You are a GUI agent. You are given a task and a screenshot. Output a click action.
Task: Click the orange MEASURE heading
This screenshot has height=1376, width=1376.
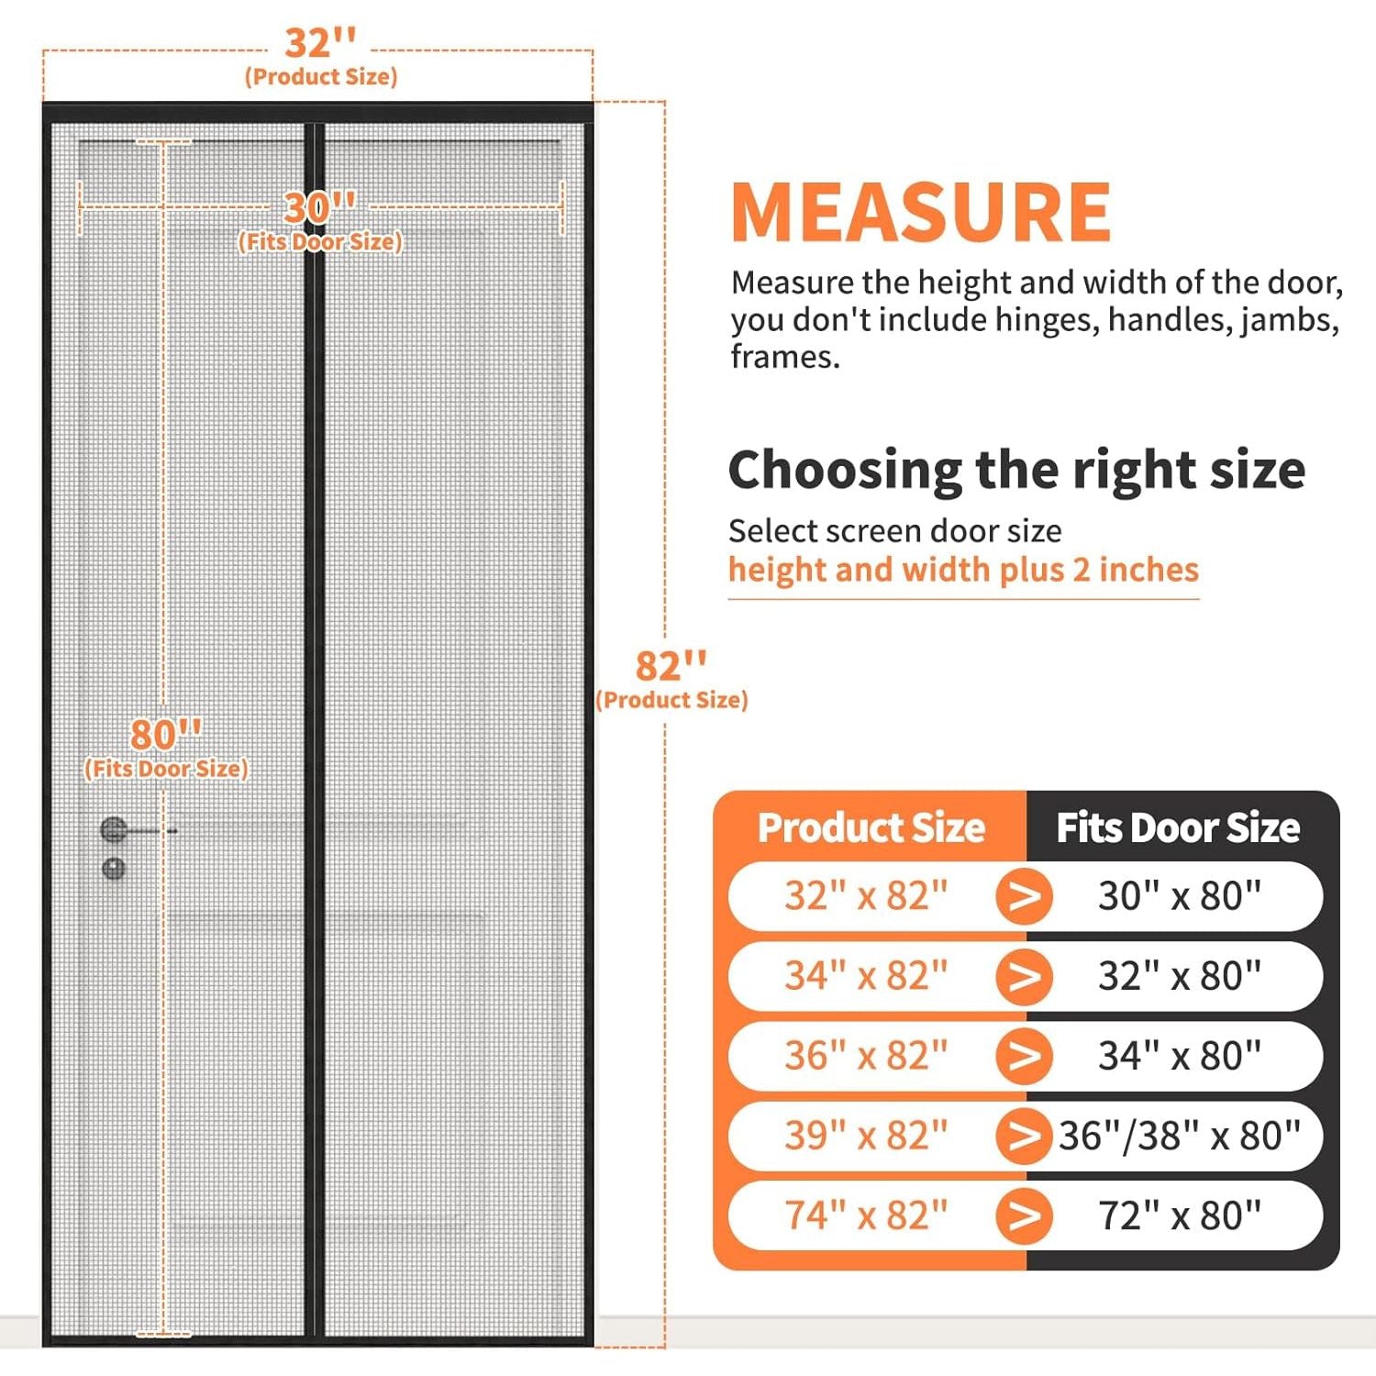tap(921, 212)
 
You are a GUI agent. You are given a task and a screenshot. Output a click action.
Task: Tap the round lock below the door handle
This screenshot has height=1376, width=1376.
tap(114, 868)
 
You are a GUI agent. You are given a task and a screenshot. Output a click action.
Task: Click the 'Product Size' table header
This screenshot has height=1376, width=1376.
tap(871, 827)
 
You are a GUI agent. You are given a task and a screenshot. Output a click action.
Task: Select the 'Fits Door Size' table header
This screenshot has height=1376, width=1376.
tap(1178, 827)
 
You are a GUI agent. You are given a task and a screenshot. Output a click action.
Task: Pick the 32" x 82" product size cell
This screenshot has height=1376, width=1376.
tap(865, 895)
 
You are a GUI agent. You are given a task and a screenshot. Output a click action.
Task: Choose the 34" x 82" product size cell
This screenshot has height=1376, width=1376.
tap(865, 975)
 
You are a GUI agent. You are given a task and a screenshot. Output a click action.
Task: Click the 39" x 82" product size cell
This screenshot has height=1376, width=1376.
tap(865, 1136)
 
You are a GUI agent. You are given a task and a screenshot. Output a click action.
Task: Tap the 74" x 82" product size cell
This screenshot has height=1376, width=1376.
tap(865, 1215)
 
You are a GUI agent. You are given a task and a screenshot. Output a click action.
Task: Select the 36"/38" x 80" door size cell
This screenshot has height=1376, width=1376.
tap(1180, 1136)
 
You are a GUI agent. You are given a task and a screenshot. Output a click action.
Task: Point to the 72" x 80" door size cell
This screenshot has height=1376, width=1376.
tap(1180, 1215)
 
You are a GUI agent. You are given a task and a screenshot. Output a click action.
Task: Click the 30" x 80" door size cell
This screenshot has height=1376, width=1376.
tap(1180, 895)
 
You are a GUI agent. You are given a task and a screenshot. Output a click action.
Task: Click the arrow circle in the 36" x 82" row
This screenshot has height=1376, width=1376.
tap(1024, 1056)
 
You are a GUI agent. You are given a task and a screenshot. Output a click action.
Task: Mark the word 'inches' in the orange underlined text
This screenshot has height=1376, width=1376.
tap(1149, 570)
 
